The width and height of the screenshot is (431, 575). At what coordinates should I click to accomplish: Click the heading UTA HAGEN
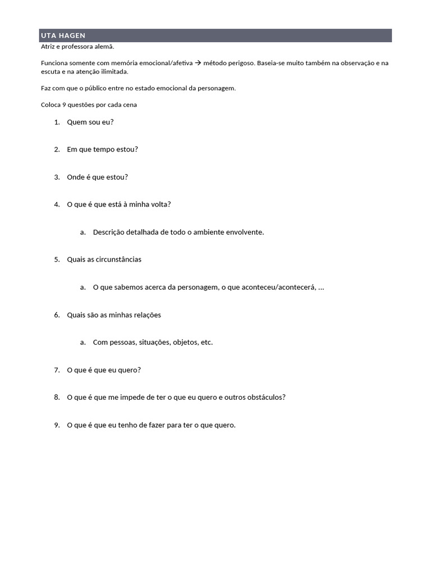(63, 36)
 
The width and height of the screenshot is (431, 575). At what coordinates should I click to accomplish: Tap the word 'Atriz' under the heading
(49, 47)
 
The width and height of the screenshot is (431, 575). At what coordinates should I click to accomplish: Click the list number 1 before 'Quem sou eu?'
(57, 122)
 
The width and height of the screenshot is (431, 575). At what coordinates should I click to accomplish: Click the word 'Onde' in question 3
(76, 177)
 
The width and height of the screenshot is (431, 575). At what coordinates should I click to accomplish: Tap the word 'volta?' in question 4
(159, 204)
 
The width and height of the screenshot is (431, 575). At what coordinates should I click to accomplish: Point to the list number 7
(57, 370)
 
